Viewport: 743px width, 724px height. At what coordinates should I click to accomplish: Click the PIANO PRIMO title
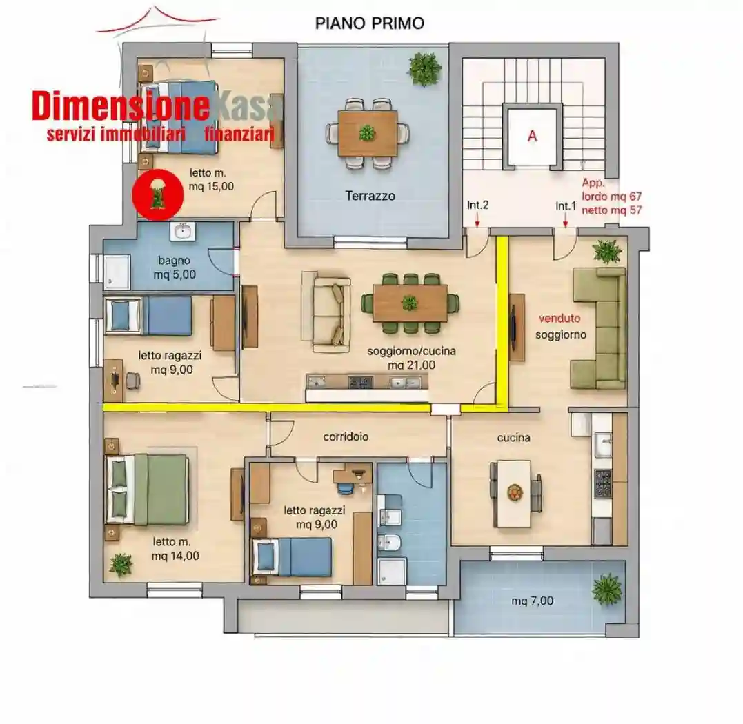[x=370, y=23]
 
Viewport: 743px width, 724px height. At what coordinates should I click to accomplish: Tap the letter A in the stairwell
[x=532, y=136]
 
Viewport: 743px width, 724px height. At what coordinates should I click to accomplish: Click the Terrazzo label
[x=370, y=196]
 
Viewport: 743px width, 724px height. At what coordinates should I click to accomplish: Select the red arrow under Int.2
[x=477, y=220]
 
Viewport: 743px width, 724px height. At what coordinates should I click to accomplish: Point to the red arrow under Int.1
[x=565, y=220]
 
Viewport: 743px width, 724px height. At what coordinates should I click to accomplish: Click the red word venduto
[x=559, y=318]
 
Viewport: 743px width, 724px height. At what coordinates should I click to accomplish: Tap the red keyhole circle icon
[x=158, y=194]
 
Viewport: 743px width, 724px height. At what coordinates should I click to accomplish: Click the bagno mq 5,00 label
[x=175, y=267]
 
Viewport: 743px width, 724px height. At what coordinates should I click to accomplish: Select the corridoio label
[x=346, y=436]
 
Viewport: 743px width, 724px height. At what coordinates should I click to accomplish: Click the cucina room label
[x=514, y=438]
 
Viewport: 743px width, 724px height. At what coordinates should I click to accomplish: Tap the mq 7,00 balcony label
[x=532, y=601]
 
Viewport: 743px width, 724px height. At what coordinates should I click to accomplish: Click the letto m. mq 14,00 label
[x=175, y=549]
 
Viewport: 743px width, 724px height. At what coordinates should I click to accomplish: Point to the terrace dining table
[x=368, y=133]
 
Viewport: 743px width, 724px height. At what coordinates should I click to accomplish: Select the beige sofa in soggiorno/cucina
[x=326, y=311]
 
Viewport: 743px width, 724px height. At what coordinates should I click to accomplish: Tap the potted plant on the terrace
[x=424, y=69]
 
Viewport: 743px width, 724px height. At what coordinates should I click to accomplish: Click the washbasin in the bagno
[x=182, y=232]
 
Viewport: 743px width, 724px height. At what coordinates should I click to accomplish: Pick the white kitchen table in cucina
[x=514, y=493]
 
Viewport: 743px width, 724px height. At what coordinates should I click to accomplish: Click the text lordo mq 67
[x=612, y=197]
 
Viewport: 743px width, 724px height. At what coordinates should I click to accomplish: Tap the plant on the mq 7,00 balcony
[x=606, y=590]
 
